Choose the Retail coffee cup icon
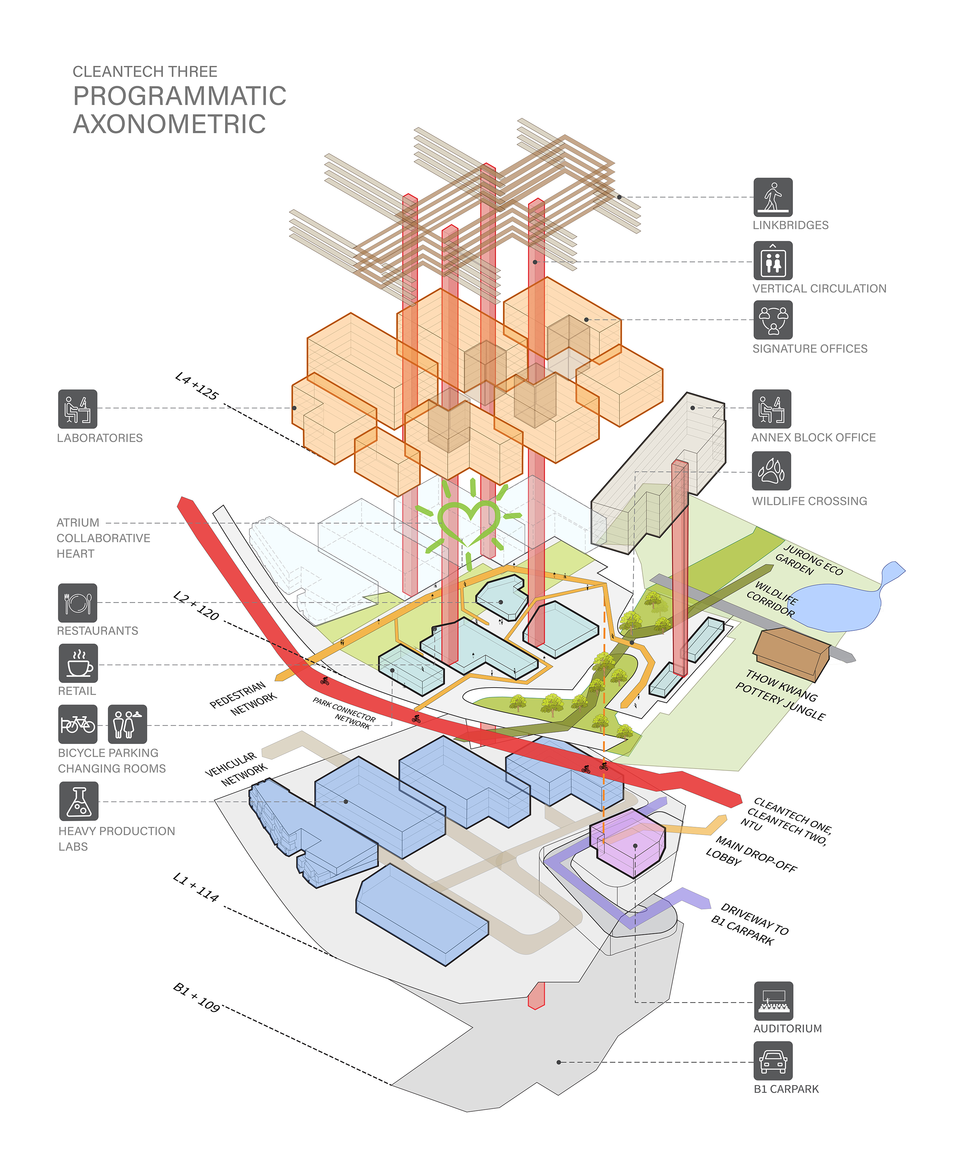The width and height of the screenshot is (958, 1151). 78,663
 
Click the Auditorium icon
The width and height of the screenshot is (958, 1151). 773,1000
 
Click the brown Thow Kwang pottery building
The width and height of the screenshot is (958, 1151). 791,653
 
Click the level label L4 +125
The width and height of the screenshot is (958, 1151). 196,386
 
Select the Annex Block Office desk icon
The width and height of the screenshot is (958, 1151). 771,409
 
